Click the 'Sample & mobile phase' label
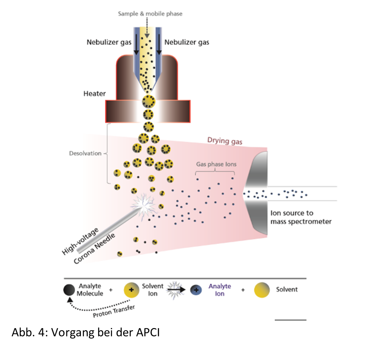click(150, 14)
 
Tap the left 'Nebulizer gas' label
click(109, 42)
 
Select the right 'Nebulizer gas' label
click(187, 42)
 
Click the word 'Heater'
click(94, 94)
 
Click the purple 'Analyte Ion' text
click(219, 290)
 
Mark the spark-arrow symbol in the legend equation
click(178, 289)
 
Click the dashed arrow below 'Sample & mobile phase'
click(147, 26)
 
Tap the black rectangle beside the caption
click(324, 340)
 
